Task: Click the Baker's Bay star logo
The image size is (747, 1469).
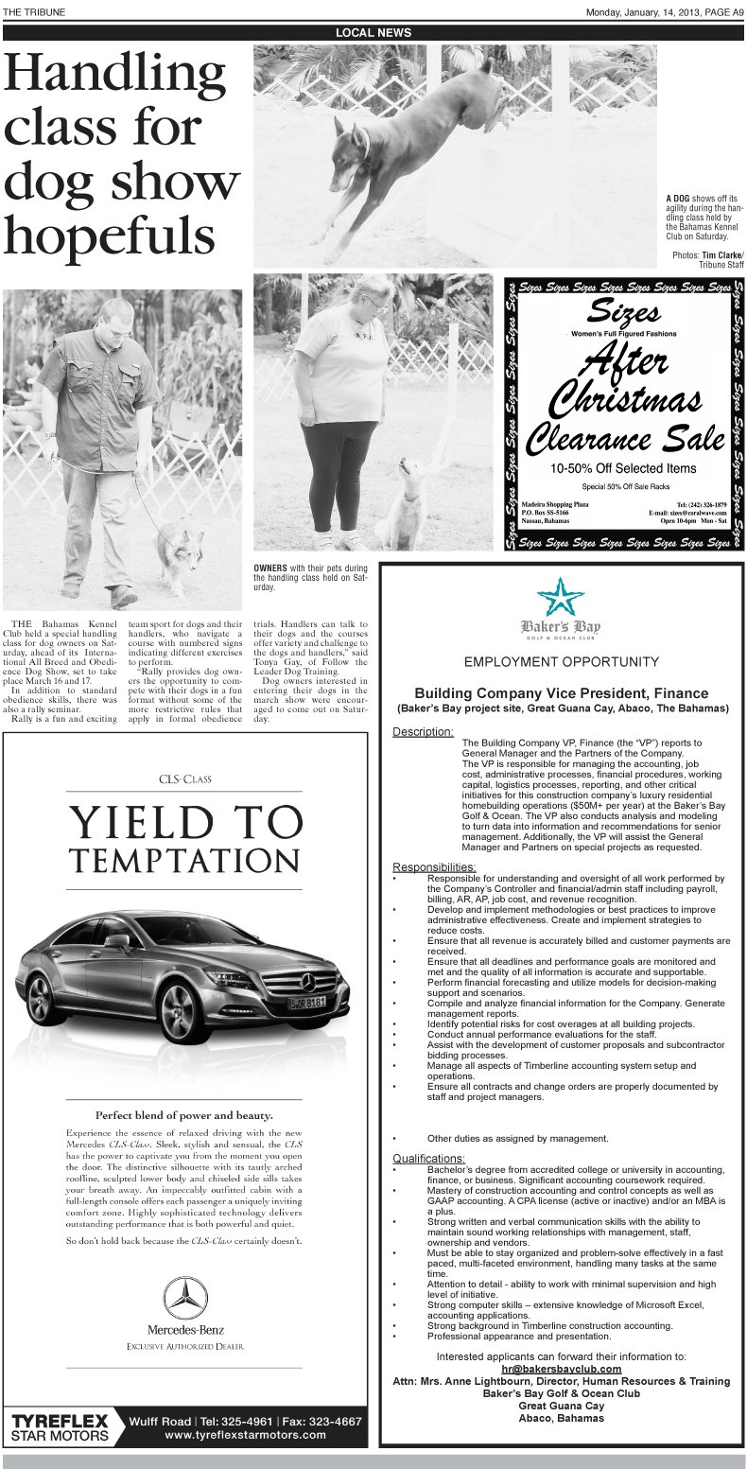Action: tap(561, 596)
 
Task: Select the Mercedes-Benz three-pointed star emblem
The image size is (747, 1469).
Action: tap(185, 1298)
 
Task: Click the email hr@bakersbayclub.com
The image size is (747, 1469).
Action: tap(561, 1369)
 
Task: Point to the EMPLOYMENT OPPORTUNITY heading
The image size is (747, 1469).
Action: tap(561, 661)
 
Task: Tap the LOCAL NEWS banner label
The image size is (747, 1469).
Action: tap(373, 33)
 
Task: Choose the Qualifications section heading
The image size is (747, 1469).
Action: tap(428, 1159)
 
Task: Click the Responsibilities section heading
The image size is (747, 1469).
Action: tap(434, 867)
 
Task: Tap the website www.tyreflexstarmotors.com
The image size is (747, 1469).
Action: tap(245, 1435)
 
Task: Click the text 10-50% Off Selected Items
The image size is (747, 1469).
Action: tap(623, 468)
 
